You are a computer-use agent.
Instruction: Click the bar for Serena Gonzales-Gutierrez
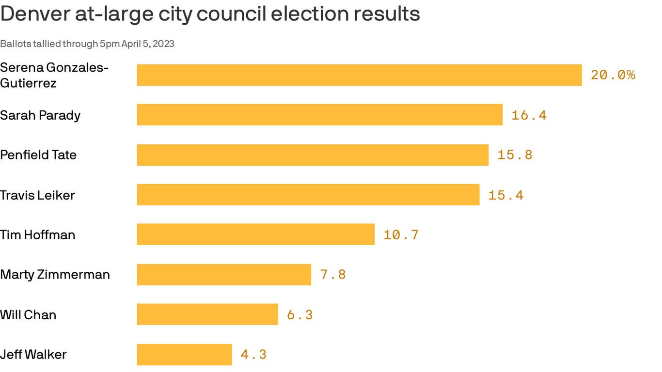tap(359, 75)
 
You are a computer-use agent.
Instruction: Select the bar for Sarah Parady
tap(320, 115)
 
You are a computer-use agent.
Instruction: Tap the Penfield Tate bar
tap(313, 155)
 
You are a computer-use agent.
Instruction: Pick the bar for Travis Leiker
tap(308, 195)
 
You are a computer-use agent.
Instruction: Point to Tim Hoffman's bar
tap(256, 234)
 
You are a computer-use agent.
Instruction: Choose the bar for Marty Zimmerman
tap(224, 275)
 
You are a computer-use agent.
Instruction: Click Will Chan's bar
tap(207, 314)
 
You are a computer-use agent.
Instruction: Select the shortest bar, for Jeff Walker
tap(184, 355)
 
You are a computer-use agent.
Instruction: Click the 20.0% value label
tap(613, 75)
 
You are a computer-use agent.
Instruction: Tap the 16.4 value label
tap(529, 115)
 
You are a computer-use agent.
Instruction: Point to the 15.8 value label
tap(515, 155)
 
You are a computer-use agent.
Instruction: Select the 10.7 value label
tap(401, 235)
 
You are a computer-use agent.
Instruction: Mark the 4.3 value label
tap(253, 355)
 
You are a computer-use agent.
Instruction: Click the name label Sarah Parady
tap(40, 115)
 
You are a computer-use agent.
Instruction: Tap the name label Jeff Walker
tap(33, 355)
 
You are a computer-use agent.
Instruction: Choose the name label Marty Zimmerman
tap(55, 275)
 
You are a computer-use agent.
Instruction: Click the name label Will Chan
tap(28, 315)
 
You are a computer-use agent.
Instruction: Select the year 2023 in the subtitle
tap(164, 44)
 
